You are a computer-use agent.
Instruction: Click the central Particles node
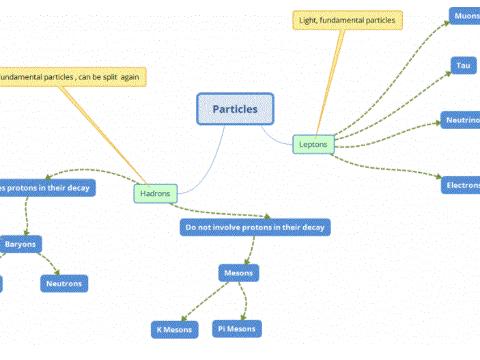(x=235, y=109)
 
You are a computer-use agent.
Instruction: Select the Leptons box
(x=313, y=144)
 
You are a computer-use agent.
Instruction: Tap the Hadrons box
(x=155, y=193)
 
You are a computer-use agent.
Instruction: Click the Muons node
(x=465, y=16)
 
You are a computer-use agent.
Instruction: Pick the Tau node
(x=464, y=66)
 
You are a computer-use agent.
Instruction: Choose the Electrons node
(x=461, y=185)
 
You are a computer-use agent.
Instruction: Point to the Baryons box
(x=20, y=244)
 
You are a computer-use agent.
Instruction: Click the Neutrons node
(x=64, y=283)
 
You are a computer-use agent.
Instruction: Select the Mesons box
(x=239, y=273)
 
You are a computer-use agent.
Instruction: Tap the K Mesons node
(x=174, y=330)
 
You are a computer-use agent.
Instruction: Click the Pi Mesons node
(x=236, y=329)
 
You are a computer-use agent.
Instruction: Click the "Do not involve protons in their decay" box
(x=255, y=227)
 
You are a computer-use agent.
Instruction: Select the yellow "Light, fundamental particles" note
(x=348, y=20)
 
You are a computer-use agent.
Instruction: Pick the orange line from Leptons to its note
(x=328, y=82)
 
